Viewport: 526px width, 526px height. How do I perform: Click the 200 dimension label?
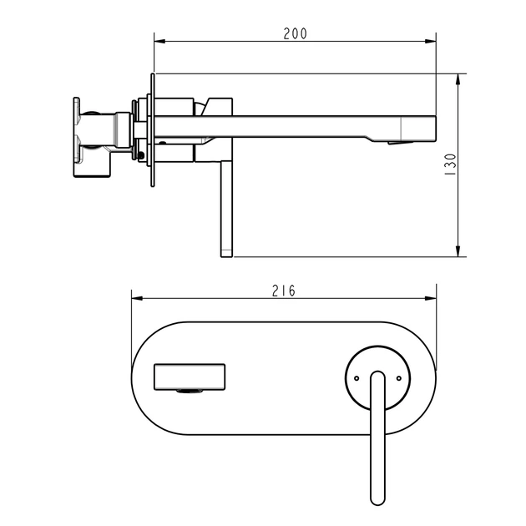click(295, 33)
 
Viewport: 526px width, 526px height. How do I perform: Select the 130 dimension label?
click(450, 164)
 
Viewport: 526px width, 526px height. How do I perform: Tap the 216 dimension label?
click(284, 291)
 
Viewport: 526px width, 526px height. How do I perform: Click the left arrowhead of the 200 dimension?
click(159, 42)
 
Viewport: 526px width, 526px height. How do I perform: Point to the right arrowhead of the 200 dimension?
click(430, 42)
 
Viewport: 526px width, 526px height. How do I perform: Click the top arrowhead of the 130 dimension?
click(458, 79)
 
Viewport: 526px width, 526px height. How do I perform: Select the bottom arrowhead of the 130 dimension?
click(458, 251)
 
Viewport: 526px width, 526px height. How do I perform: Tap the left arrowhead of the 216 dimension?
click(137, 298)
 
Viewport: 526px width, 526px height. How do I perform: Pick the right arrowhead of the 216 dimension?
click(431, 298)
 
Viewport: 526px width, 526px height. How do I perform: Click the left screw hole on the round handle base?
click(357, 378)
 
